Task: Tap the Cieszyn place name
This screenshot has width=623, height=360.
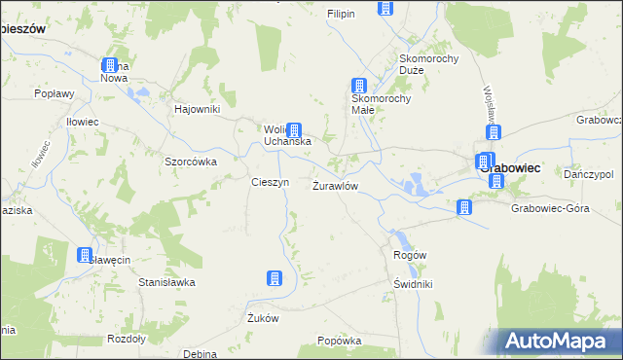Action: (270, 182)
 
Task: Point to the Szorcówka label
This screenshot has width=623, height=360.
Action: (190, 162)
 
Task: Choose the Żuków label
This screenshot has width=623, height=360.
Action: (263, 318)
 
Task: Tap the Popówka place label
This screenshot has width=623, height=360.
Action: (340, 342)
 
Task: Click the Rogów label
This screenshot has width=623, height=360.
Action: (410, 255)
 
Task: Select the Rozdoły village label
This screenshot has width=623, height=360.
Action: (126, 339)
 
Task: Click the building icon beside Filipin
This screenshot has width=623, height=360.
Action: (385, 9)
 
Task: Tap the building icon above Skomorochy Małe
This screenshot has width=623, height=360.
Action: (359, 86)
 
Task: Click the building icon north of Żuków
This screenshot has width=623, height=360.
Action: (275, 279)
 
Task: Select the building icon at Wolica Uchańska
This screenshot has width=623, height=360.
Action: (293, 130)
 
